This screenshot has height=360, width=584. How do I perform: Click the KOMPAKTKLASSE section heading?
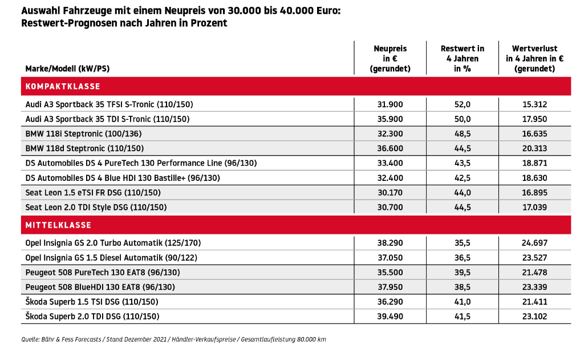pos(63,87)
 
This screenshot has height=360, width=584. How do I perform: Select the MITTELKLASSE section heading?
pos(58,225)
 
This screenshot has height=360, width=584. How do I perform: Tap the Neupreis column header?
pos(390,59)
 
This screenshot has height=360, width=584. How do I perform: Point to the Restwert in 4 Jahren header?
pos(462,59)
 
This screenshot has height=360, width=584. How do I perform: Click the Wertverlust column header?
pos(534,59)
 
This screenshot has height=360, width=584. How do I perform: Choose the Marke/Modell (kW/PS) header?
pos(67,68)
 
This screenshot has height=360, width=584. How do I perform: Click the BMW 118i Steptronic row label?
pos(83,134)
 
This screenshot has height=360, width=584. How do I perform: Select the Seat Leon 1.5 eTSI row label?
pos(93,193)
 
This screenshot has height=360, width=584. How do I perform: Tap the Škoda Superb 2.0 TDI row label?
pos(92,317)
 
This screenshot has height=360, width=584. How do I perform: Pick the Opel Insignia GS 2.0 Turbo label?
pos(113,243)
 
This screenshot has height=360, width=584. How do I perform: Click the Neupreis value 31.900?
pos(390,104)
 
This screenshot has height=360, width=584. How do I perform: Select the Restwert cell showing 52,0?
pos(462,104)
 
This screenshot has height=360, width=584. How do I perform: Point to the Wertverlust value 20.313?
pos(534,148)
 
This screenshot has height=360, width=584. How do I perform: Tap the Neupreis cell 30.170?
pos(390,193)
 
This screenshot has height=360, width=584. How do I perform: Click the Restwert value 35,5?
pos(462,243)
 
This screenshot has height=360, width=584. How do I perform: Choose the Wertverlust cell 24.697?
pos(534,243)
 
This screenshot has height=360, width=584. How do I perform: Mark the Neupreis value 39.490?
pos(390,317)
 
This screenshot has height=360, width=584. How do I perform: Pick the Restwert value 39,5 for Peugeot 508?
pos(462,272)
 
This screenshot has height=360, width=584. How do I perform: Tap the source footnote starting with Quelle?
pos(173,339)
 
